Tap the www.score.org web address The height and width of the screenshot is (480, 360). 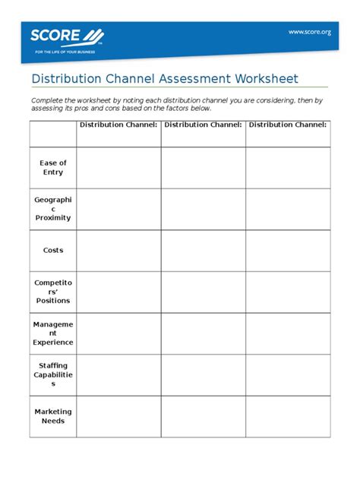pos(309,31)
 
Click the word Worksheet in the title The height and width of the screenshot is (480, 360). pos(259,79)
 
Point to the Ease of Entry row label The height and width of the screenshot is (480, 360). pos(53,168)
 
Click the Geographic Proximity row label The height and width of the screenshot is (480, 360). pos(53,209)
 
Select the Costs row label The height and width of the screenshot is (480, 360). pos(53,250)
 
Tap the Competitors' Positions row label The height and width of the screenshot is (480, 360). pos(53,291)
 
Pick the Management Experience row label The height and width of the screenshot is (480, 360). pos(53,333)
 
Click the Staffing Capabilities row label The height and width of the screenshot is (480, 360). pos(53,374)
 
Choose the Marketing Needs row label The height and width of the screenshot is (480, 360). pos(53,416)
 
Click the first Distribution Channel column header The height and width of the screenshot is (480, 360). pos(118,124)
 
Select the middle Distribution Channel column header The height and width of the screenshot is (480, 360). pos(203,124)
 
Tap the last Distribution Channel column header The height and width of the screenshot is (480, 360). pos(288,124)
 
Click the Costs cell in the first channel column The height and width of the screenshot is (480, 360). pos(118,250)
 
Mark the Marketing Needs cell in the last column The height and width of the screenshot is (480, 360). pos(288,416)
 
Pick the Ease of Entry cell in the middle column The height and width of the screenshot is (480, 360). pos(203,168)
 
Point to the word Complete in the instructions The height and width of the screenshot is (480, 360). pos(46,100)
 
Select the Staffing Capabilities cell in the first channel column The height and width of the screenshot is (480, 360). pos(118,374)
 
